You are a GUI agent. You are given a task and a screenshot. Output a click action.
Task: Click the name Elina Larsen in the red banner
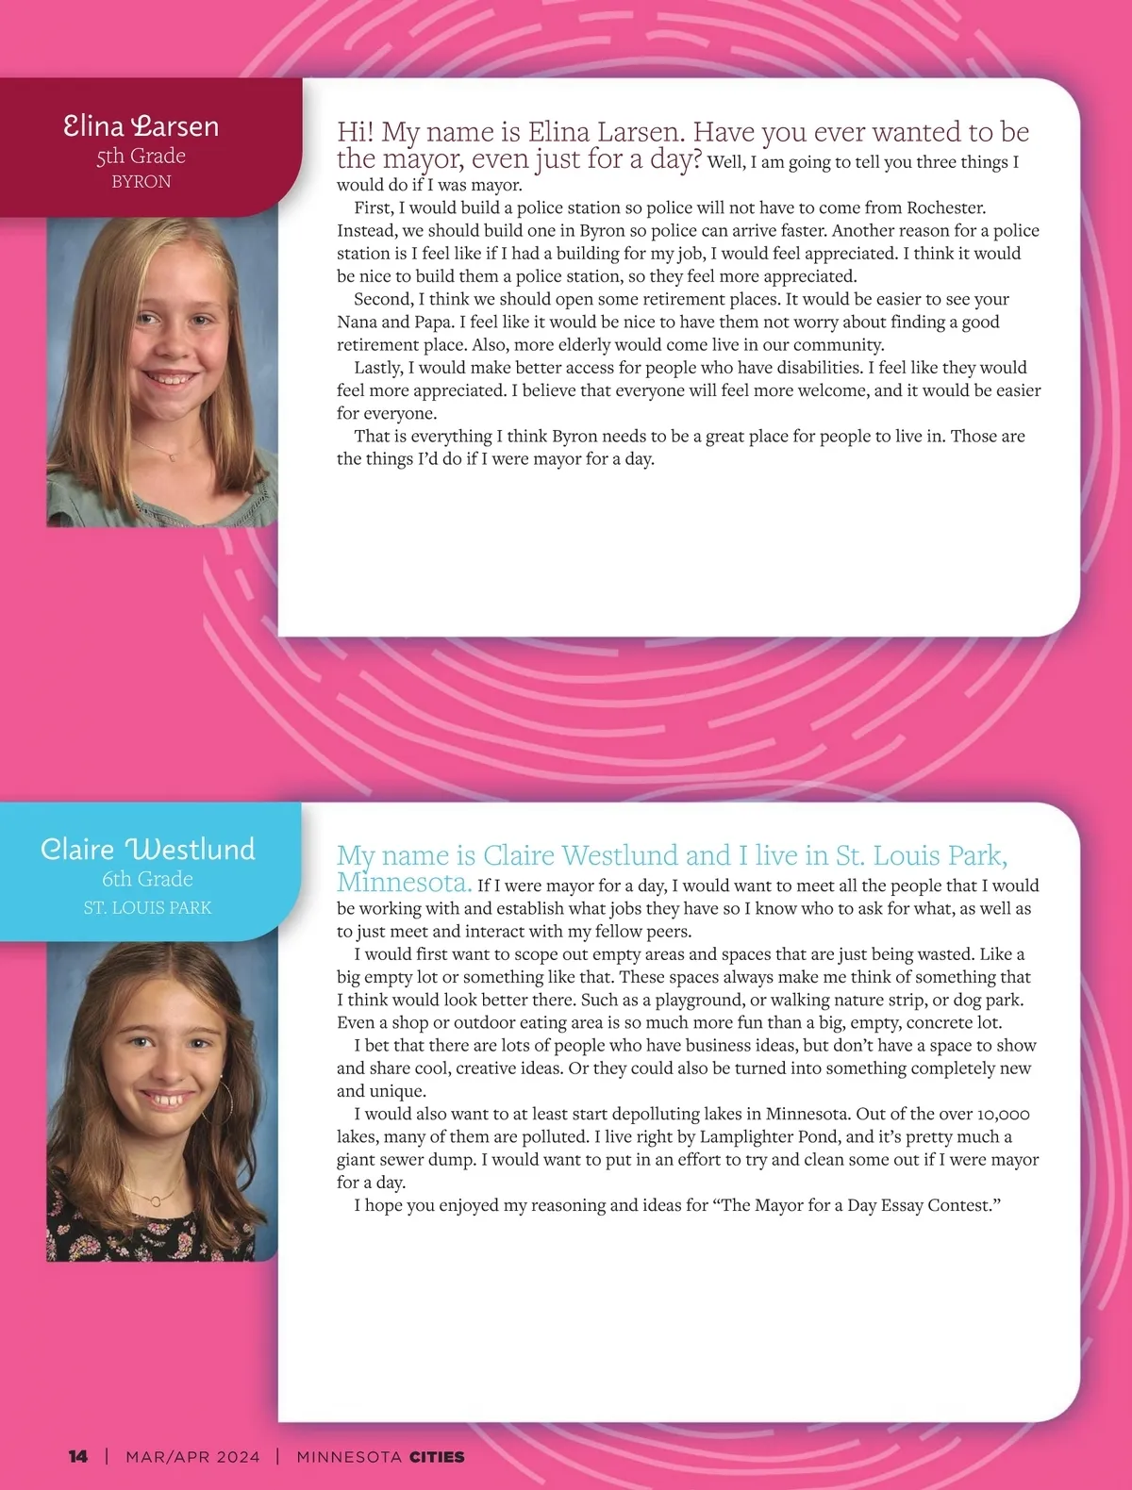click(x=141, y=125)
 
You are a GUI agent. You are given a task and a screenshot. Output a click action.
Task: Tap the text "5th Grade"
click(x=141, y=156)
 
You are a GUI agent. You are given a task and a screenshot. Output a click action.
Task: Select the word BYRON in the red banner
click(x=141, y=181)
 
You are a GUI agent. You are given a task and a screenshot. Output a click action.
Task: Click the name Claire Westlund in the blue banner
click(x=148, y=849)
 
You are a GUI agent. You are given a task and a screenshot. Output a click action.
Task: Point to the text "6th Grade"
click(x=147, y=879)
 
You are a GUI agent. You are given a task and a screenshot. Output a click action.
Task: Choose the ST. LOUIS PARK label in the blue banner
click(x=147, y=907)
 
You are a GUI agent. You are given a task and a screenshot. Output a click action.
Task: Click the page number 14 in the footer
click(x=78, y=1456)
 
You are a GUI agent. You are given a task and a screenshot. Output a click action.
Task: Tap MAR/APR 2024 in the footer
click(x=192, y=1456)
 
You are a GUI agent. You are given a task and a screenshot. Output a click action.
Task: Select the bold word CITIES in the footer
click(x=437, y=1456)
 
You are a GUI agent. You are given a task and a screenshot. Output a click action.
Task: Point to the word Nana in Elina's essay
click(x=358, y=322)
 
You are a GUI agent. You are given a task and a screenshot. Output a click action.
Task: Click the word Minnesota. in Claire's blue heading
click(x=404, y=884)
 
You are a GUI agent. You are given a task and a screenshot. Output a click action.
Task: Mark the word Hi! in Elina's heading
click(x=356, y=132)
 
